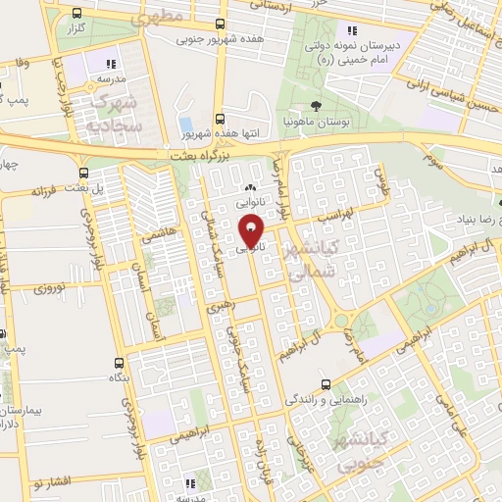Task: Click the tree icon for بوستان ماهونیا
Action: (314, 105)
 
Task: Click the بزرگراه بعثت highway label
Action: (209, 155)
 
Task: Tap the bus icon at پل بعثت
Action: (65, 185)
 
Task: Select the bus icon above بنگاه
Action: (119, 362)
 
